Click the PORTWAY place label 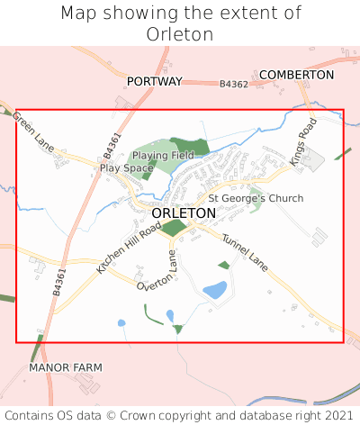click(x=154, y=81)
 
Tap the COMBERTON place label click(x=296, y=74)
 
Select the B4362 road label click(x=234, y=84)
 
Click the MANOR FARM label click(x=66, y=367)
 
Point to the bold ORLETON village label click(x=184, y=213)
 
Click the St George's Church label click(x=256, y=198)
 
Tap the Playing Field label click(x=163, y=156)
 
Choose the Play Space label click(x=126, y=168)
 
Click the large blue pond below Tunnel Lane click(x=214, y=290)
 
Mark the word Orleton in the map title click(x=179, y=34)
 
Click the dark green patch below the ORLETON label click(x=174, y=228)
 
